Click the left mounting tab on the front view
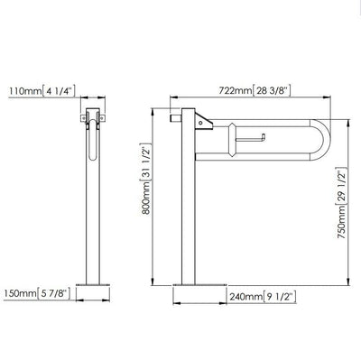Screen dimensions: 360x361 pos(82,118)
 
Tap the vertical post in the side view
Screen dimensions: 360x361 pos(191,208)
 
